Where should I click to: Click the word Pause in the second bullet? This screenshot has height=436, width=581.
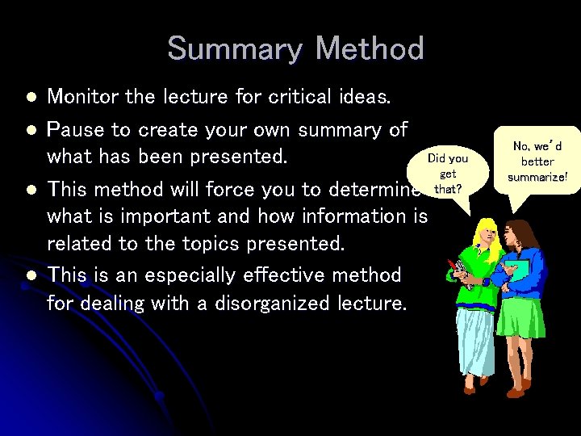[75, 130]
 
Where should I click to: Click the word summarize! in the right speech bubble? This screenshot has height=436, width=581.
[537, 177]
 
